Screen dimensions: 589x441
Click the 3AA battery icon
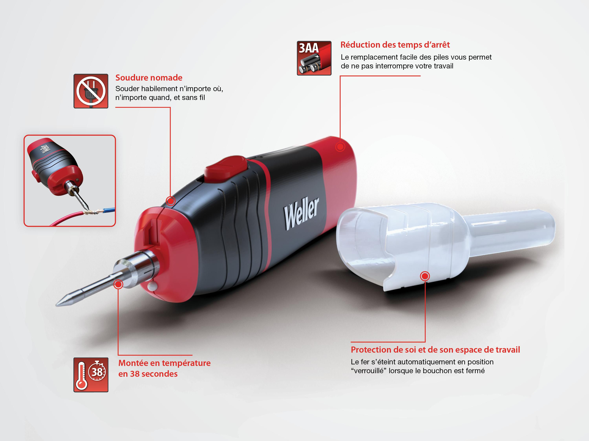(314, 58)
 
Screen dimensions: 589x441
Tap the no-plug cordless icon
(91, 91)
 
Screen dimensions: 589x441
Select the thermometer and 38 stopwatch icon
(91, 375)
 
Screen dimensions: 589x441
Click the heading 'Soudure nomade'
(149, 78)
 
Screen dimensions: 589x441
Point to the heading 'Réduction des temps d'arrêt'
(395, 45)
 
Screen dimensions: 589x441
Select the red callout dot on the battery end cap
(340, 146)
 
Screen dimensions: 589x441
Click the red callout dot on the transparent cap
(425, 276)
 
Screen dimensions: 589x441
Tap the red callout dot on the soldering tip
(118, 284)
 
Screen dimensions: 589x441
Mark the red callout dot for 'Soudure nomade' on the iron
(170, 201)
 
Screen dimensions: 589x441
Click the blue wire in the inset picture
(106, 210)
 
